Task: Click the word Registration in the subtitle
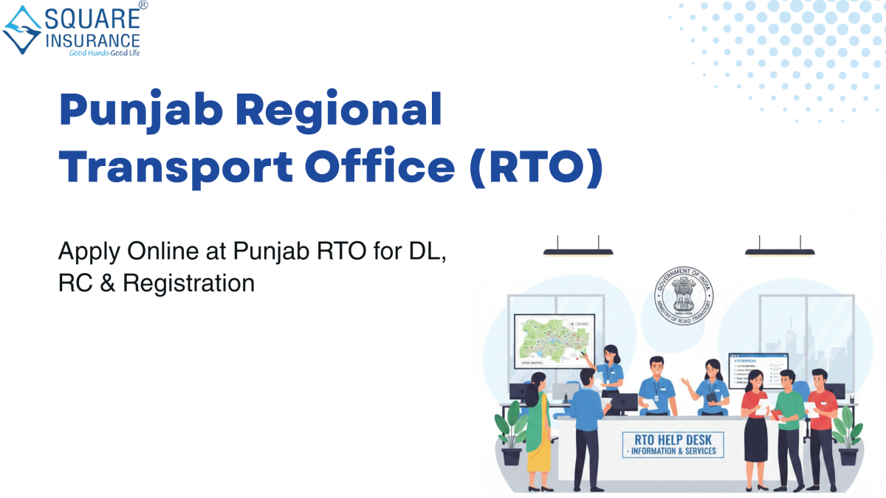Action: tap(188, 283)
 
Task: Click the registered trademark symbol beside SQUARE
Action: tap(142, 5)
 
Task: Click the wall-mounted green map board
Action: tap(555, 341)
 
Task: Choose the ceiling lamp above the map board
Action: tap(578, 251)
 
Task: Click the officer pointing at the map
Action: tap(610, 369)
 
